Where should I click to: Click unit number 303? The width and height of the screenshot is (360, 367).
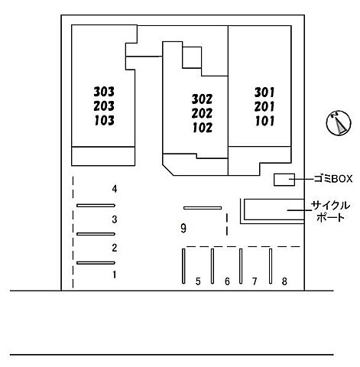tap(104, 92)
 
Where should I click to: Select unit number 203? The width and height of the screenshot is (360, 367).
tap(104, 106)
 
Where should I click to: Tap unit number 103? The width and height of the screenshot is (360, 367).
tap(105, 121)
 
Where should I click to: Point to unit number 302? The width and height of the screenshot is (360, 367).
tap(202, 99)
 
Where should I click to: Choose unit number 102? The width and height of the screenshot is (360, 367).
tap(203, 128)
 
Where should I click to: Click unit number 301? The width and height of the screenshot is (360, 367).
tap(264, 93)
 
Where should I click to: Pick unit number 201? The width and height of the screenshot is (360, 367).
tap(264, 106)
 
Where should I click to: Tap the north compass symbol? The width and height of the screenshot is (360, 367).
tap(339, 123)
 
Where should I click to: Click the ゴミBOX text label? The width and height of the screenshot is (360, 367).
tap(332, 179)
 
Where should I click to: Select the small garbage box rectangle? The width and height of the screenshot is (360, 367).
tap(284, 180)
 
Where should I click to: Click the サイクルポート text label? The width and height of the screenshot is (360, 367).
tap(331, 212)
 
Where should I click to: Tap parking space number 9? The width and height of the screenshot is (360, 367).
tap(183, 228)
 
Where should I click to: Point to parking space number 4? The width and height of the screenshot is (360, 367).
tap(115, 189)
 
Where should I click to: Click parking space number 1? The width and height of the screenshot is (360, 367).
tap(115, 274)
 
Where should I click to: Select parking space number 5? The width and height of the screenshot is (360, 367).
tap(198, 281)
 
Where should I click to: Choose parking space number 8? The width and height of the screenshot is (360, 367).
tap(284, 281)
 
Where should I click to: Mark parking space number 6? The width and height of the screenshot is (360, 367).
tap(227, 281)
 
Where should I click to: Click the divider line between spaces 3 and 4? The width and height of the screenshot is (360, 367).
tap(96, 206)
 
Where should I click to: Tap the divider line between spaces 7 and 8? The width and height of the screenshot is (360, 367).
tap(271, 266)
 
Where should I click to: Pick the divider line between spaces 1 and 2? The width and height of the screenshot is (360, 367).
tap(96, 263)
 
